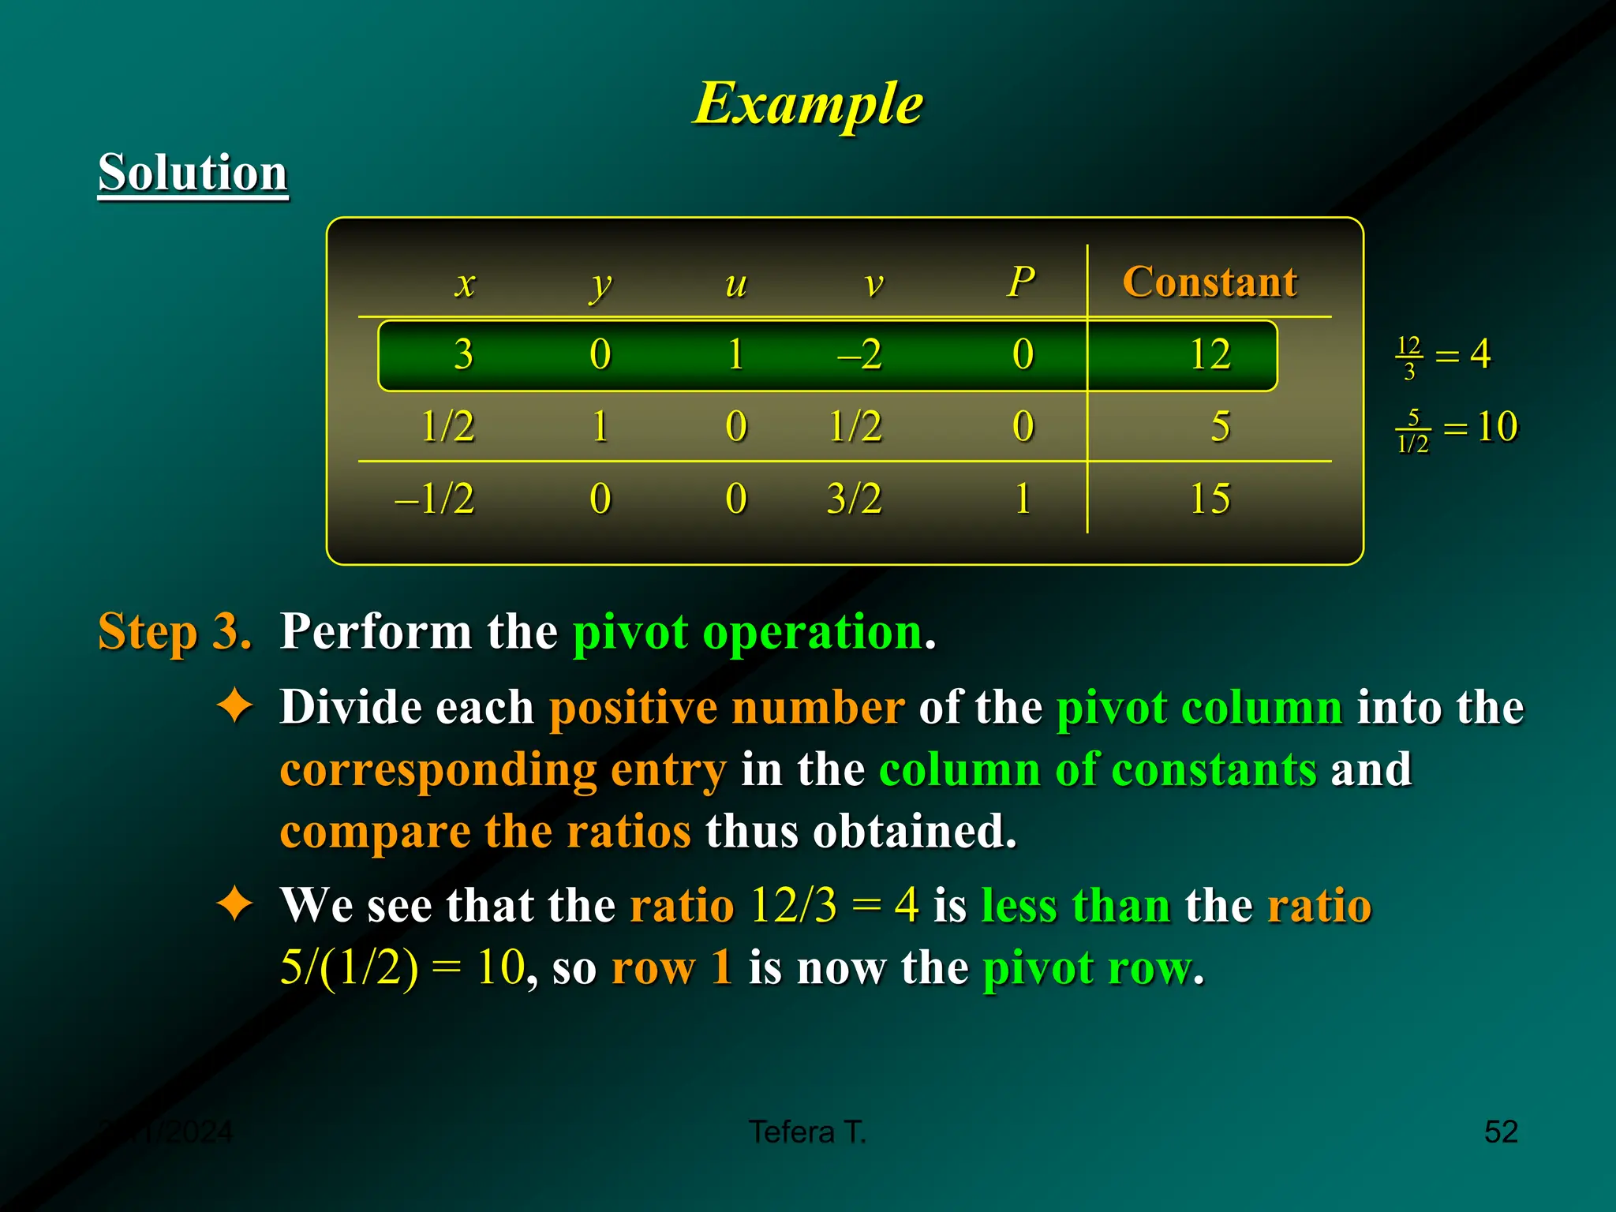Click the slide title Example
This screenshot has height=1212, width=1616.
pyautogui.click(x=808, y=103)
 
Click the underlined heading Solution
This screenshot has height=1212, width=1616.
pyautogui.click(x=193, y=173)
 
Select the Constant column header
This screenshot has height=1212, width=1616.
pyautogui.click(x=1209, y=282)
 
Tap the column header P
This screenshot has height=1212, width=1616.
pyautogui.click(x=1021, y=282)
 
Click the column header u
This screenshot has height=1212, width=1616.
pyautogui.click(x=735, y=284)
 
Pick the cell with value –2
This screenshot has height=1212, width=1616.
pyautogui.click(x=858, y=354)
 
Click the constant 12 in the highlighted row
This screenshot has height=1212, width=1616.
pyautogui.click(x=1209, y=354)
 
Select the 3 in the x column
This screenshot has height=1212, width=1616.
pyautogui.click(x=464, y=354)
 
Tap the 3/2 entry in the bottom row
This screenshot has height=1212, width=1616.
pyautogui.click(x=854, y=499)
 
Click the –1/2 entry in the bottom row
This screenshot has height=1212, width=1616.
pyautogui.click(x=435, y=499)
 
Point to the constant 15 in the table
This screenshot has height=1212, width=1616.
pyautogui.click(x=1209, y=499)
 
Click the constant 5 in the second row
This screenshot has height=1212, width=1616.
pyautogui.click(x=1220, y=427)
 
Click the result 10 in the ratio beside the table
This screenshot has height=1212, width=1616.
pyautogui.click(x=1497, y=427)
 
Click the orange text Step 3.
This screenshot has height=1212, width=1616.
pyautogui.click(x=174, y=632)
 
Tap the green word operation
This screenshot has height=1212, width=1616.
pyautogui.click(x=813, y=632)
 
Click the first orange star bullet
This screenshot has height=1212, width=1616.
pyautogui.click(x=235, y=705)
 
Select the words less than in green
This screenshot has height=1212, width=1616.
pyautogui.click(x=1075, y=905)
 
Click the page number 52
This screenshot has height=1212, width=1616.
pyautogui.click(x=1500, y=1132)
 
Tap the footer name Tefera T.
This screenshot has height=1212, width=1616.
pyautogui.click(x=808, y=1132)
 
